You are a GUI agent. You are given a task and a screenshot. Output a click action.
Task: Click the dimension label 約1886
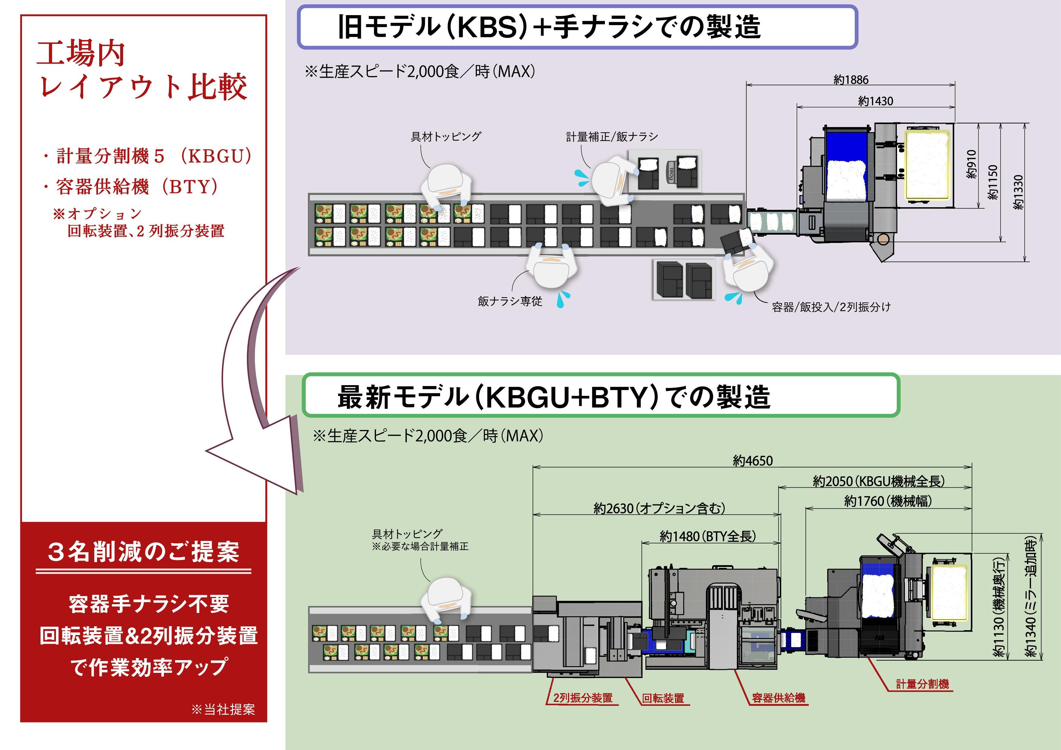click(851, 80)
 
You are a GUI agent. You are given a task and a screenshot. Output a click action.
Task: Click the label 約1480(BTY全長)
click(707, 536)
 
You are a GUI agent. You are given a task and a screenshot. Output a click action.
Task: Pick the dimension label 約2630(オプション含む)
click(659, 508)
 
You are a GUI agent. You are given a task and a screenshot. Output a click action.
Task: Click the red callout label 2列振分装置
click(583, 698)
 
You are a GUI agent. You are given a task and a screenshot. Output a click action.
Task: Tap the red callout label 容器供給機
click(778, 698)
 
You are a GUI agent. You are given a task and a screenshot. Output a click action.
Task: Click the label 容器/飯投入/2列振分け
click(831, 307)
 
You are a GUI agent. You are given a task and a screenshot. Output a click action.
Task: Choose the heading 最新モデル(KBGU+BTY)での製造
click(553, 397)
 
